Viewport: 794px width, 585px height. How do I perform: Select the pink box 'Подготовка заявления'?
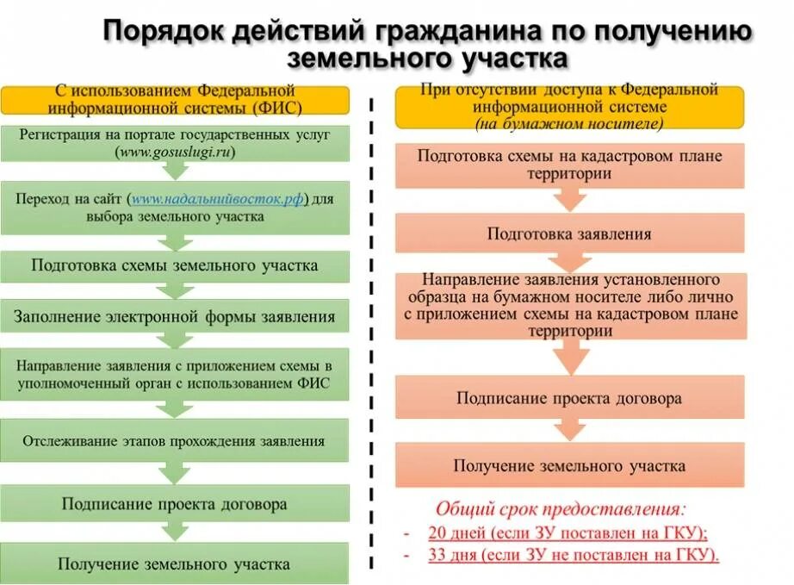pos(569,233)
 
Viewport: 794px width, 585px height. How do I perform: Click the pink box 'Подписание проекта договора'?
pos(569,398)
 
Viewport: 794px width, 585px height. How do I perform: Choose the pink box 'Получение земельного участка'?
pos(569,465)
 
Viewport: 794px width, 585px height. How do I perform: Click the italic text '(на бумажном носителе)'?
pos(569,124)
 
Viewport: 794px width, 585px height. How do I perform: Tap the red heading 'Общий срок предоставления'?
pos(561,508)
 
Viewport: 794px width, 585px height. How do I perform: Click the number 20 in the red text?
pos(437,532)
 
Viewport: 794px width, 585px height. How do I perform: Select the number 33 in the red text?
pos(437,555)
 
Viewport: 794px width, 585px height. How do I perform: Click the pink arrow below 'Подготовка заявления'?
pos(569,262)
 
